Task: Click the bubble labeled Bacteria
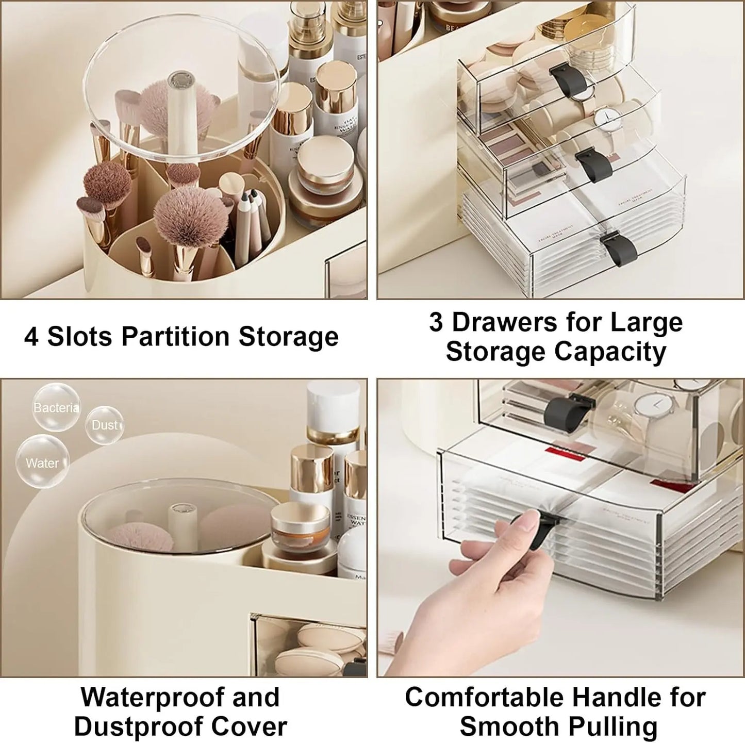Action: click(x=56, y=407)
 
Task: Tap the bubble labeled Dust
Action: click(x=105, y=425)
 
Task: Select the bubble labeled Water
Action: click(x=42, y=462)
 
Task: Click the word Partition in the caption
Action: click(x=175, y=337)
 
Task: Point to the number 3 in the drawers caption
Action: click(x=436, y=322)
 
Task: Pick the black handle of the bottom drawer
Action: click(x=619, y=249)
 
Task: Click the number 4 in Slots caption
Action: click(x=31, y=337)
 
